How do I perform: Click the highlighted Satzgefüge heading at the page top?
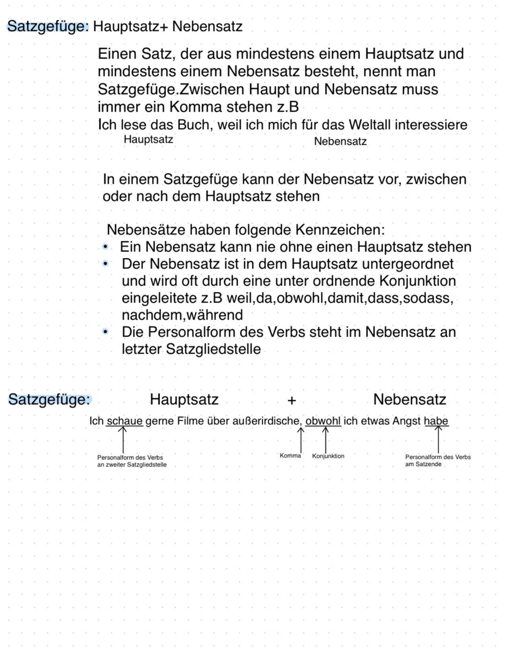tap(48, 26)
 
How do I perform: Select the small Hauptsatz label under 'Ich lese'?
tap(148, 140)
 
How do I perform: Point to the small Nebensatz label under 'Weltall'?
tap(340, 141)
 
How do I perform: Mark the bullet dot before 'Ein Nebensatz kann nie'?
tap(106, 246)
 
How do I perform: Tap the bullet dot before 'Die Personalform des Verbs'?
tap(106, 332)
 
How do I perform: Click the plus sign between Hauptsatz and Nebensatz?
tap(291, 401)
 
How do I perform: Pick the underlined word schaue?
tap(124, 421)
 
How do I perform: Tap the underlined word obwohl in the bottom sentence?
tap(323, 421)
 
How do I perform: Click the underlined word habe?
tap(436, 421)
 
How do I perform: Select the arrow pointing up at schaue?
tap(123, 439)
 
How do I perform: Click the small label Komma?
tap(290, 455)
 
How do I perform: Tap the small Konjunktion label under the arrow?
tap(328, 456)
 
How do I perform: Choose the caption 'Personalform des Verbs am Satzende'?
tap(437, 460)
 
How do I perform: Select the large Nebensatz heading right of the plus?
tap(409, 400)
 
